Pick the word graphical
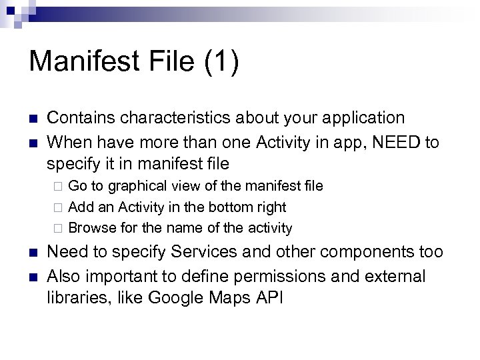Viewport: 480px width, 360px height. [x=141, y=184]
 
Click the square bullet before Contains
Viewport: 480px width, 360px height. [x=33, y=119]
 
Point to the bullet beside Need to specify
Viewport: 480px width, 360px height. [x=33, y=253]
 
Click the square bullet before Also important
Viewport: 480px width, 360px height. [x=33, y=276]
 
